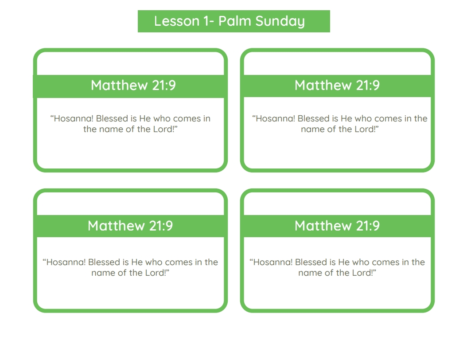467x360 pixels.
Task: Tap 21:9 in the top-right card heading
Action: pos(368,85)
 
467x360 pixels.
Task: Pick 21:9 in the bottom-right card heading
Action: pos(368,226)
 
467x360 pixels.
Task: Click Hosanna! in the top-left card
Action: pos(73,118)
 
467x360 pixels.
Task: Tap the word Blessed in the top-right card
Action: pos(314,118)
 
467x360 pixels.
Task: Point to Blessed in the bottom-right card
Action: pos(311,262)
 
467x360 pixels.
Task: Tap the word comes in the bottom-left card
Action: pos(179,262)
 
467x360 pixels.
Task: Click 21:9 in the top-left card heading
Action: pos(164,85)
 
